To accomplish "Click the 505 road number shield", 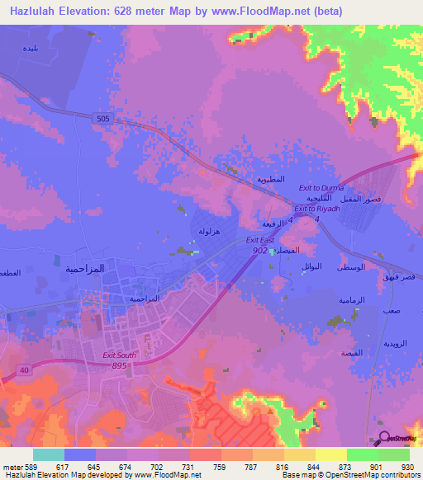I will click(102, 119).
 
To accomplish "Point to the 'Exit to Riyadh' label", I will click(318, 209).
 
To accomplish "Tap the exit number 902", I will click(259, 249).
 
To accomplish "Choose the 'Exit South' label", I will click(118, 355).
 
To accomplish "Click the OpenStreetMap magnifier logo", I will click(383, 438).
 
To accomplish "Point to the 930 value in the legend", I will click(406, 467).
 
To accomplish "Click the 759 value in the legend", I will click(220, 467).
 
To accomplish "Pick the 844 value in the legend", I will click(313, 467).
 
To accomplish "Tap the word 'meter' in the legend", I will click(12, 467).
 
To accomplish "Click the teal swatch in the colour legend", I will click(49, 454).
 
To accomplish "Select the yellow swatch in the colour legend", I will click(331, 454).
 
